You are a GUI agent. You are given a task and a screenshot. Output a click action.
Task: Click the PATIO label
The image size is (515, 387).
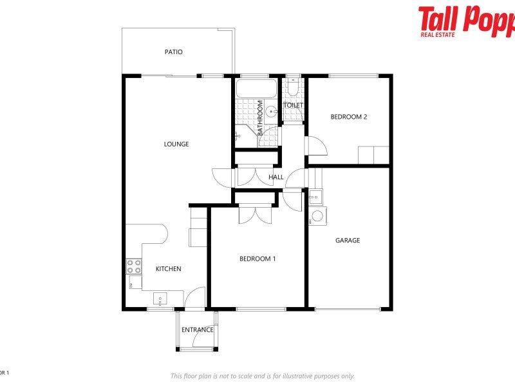tap(173, 52)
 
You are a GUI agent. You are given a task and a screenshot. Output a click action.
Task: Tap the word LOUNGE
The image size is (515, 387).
tap(176, 144)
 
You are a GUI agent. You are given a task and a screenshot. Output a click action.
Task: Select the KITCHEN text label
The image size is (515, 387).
tap(169, 269)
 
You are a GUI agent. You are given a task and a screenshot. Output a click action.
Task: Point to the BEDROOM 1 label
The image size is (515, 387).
tap(257, 259)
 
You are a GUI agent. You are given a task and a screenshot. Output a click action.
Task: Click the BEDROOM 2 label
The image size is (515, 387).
tap(348, 117)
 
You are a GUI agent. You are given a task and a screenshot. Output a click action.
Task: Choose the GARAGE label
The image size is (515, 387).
tap(348, 241)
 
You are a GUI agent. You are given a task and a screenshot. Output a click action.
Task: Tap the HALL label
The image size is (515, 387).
tap(276, 177)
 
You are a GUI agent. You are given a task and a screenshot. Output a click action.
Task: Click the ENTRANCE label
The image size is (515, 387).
tap(198, 330)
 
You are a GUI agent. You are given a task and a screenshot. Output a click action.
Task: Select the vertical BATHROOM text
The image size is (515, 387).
tap(261, 117)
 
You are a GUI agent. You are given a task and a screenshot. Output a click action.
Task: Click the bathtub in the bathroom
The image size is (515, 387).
tap(256, 88)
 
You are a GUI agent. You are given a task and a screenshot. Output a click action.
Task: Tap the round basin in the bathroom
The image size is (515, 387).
tap(273, 111)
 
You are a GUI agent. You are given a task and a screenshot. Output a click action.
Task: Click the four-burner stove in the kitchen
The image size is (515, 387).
tap(134, 266)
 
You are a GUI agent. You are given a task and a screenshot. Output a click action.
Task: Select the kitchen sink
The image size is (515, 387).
tap(160, 299)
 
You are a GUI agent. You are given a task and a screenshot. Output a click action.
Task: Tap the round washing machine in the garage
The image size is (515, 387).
tap(317, 217)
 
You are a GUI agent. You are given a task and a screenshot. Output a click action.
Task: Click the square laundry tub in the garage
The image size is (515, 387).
tap(316, 196)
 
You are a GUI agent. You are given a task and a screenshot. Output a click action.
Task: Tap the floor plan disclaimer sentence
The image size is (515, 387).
tap(262, 376)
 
